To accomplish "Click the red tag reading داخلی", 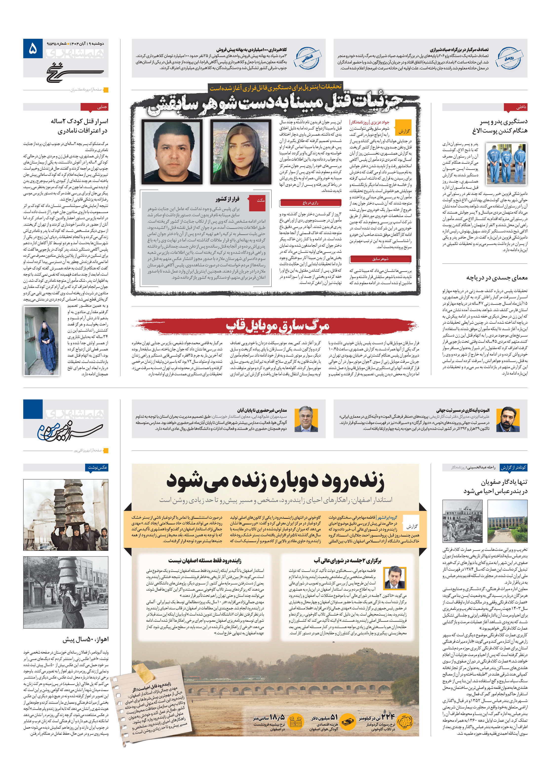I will [x=515, y=107].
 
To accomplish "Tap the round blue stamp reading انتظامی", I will [x=307, y=58].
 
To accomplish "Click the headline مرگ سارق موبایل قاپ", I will [x=277, y=326].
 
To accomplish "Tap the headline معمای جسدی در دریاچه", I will [x=497, y=278].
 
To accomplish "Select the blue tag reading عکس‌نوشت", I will [x=97, y=467].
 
